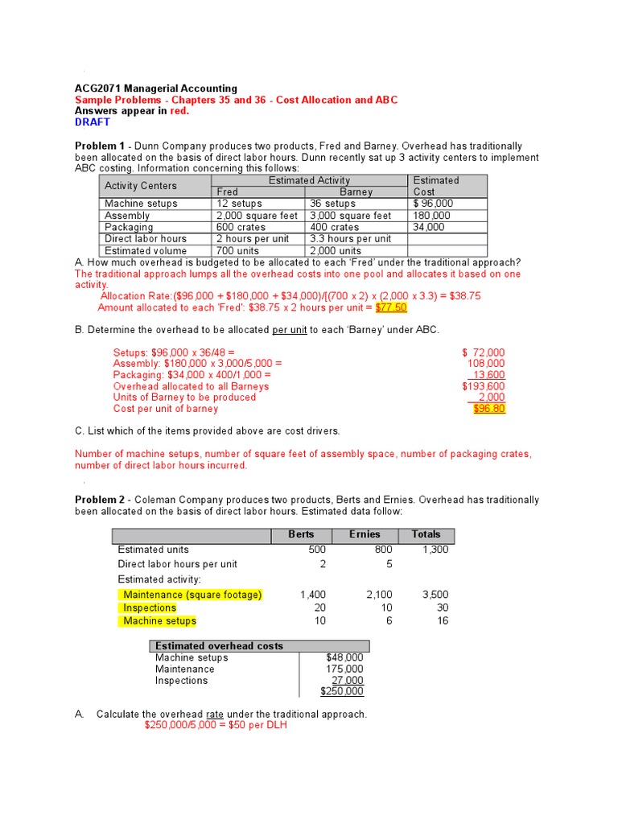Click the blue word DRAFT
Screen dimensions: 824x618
point(93,122)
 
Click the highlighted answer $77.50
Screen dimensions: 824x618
point(391,307)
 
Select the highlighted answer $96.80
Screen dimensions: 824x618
point(489,409)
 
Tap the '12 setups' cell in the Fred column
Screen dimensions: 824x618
point(239,204)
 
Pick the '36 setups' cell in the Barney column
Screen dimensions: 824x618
point(332,204)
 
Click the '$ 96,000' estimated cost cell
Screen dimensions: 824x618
point(433,204)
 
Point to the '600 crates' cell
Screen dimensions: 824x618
point(241,227)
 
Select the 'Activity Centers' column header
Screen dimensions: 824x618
point(141,186)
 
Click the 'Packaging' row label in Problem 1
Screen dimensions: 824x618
point(129,227)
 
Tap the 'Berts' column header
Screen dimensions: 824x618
point(301,534)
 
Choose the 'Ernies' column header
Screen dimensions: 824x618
point(365,534)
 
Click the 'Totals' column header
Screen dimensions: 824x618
point(426,534)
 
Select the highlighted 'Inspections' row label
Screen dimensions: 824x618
point(150,608)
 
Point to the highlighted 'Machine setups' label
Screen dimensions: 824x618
point(159,620)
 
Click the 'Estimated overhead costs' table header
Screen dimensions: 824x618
point(219,646)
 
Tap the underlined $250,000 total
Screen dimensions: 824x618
point(342,691)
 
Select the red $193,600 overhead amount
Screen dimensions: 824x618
point(483,386)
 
